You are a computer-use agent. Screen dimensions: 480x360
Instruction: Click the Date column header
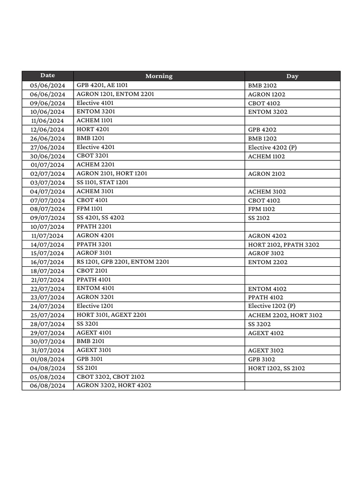47,75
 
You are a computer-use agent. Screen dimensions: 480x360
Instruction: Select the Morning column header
159,76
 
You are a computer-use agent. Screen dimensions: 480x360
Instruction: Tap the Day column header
292,76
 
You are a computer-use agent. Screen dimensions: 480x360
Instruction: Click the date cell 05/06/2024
47,85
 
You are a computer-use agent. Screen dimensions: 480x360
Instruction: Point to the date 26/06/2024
47,138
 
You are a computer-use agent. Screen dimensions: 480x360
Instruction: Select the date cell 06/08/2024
47,386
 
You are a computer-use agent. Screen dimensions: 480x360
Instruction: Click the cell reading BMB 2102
262,86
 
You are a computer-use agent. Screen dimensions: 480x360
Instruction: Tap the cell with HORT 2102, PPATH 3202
284,245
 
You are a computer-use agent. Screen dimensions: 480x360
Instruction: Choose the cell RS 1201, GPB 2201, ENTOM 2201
123,262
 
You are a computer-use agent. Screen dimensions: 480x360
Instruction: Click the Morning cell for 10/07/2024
94,227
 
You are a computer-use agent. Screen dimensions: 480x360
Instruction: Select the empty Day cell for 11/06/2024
292,121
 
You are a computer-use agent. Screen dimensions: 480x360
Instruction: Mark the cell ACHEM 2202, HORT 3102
285,315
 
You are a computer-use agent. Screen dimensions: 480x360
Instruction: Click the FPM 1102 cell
262,209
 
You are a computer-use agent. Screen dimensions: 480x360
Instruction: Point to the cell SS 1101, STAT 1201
102,182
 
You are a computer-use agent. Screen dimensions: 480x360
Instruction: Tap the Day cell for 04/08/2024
277,368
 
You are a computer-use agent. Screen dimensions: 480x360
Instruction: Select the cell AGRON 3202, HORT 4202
114,386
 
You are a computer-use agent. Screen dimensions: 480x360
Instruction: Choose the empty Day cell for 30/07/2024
292,342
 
